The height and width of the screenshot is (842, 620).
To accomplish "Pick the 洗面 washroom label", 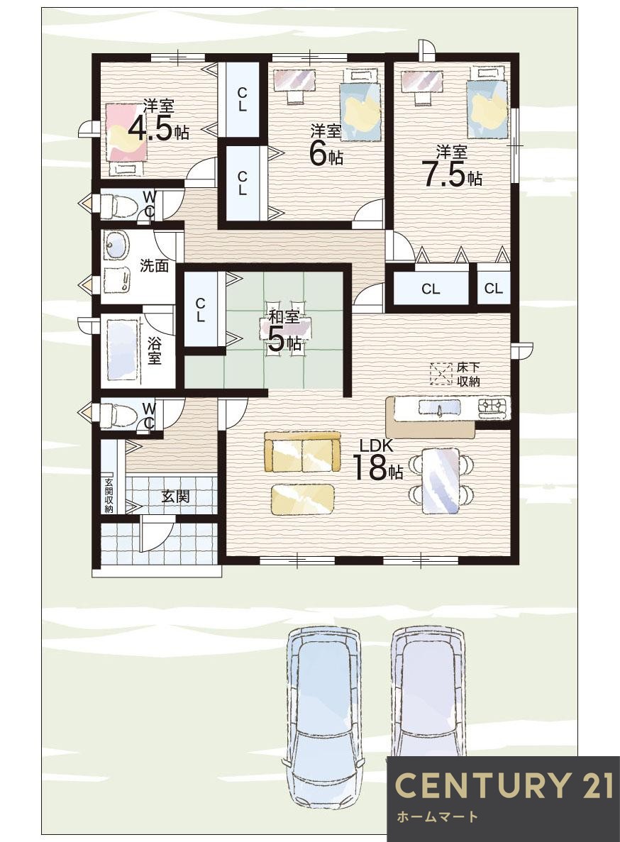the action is tap(154, 265).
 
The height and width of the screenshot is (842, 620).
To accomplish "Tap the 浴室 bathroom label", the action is tap(153, 350).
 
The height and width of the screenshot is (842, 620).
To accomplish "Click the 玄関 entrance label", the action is tap(175, 496).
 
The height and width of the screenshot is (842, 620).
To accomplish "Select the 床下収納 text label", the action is tap(468, 375).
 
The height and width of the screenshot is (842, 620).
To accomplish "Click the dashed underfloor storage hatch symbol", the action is tap(441, 374).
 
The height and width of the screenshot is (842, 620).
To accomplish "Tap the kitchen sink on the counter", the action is tap(439, 408).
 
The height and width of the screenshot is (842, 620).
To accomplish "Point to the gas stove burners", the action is tap(493, 408).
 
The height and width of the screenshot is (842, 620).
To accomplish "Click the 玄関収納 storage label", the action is tap(109, 495).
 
